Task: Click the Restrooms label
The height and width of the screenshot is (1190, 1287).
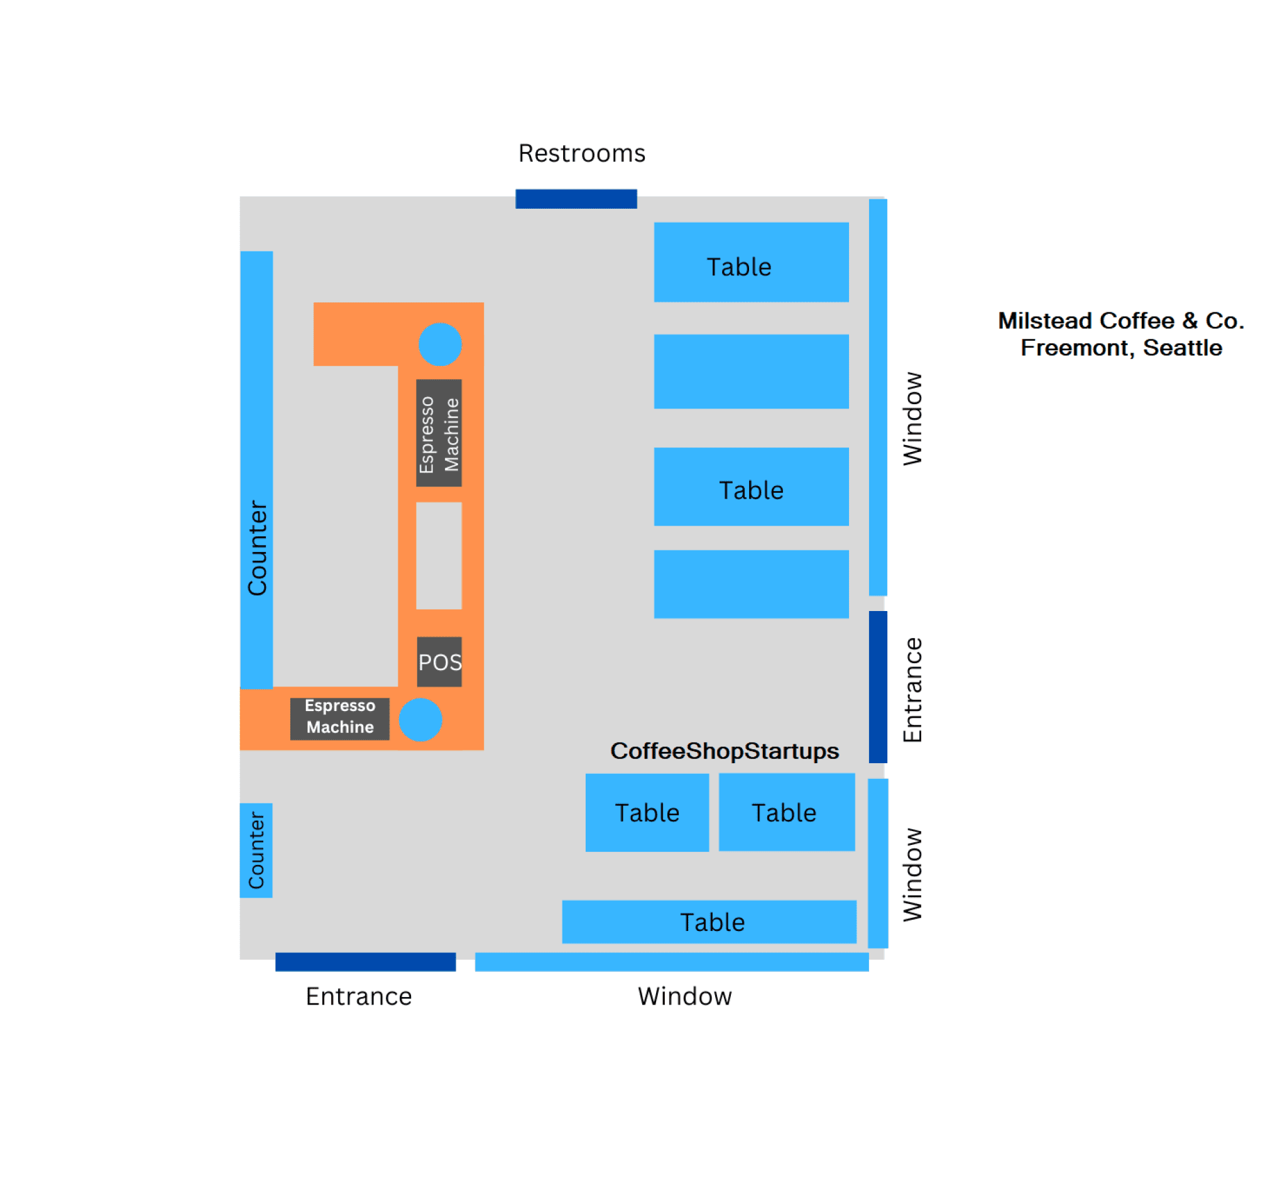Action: click(x=581, y=153)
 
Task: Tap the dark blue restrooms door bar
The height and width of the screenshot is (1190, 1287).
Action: click(x=576, y=199)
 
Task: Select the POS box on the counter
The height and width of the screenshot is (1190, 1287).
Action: click(x=439, y=661)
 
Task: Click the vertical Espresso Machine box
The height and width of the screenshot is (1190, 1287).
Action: click(x=439, y=432)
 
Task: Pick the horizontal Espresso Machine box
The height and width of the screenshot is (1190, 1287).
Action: click(x=339, y=718)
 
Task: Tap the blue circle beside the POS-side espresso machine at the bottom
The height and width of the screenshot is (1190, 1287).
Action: click(x=420, y=719)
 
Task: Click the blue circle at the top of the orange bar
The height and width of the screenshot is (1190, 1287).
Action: click(x=440, y=344)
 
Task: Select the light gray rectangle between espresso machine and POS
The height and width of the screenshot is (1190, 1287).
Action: click(x=439, y=555)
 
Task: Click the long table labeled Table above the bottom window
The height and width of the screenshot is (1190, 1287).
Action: click(x=708, y=922)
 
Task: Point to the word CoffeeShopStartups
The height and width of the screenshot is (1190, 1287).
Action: click(x=725, y=751)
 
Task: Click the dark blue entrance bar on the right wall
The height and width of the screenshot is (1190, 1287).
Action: click(x=877, y=686)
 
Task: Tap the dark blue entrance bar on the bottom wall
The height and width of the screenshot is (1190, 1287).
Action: click(x=365, y=961)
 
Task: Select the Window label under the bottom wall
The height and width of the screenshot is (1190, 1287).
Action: click(x=684, y=996)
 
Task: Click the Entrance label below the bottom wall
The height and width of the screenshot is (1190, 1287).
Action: click(x=359, y=996)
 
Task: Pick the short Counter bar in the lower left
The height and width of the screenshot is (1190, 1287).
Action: click(x=256, y=850)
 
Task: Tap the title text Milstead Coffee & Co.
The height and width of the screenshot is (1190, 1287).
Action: click(x=1120, y=321)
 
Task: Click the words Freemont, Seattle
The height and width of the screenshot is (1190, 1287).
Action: click(x=1120, y=348)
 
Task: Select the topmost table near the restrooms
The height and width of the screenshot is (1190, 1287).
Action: click(x=751, y=262)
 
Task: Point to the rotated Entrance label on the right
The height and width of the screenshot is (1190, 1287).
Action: click(x=912, y=690)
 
